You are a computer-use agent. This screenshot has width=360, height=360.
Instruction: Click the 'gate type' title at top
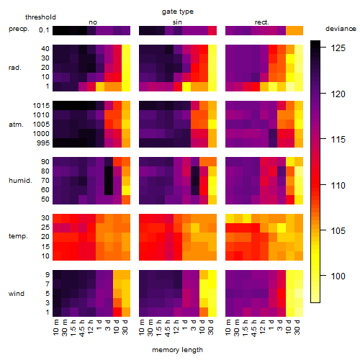178,12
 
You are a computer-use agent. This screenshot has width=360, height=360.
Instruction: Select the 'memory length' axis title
177,350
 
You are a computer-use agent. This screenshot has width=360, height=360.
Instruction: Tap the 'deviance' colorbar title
341,29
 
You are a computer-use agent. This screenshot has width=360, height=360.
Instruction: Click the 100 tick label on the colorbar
338,276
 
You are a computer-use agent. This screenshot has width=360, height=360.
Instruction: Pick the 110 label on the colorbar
338,185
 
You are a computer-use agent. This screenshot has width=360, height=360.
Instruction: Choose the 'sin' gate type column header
177,22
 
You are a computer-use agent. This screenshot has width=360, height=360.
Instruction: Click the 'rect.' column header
262,22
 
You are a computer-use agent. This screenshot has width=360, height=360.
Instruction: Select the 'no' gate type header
93,22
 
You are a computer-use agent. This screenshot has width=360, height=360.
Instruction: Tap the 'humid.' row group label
20,181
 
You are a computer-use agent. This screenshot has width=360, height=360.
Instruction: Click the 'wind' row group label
17,294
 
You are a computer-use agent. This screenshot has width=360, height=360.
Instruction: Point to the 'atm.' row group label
16,125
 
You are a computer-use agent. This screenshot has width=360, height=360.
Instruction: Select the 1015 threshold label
41,106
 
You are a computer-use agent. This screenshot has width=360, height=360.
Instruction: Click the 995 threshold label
43,143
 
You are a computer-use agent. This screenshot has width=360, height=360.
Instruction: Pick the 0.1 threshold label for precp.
44,30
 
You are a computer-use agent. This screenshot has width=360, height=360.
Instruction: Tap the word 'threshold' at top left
40,17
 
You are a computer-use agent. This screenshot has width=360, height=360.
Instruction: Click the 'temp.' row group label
18,236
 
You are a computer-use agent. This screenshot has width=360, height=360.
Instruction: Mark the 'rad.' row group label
15,68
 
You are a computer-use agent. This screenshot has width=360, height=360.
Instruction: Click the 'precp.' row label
19,29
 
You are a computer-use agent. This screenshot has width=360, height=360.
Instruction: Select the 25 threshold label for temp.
45,228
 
